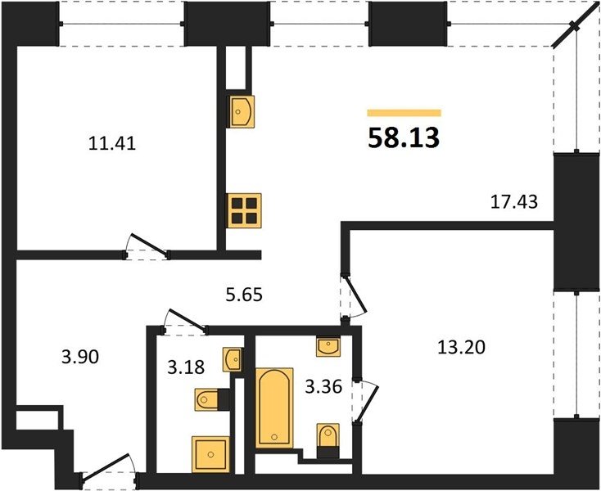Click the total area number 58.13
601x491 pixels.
(x=404, y=138)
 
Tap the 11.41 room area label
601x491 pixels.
(x=112, y=144)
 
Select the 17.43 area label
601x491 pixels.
(x=514, y=202)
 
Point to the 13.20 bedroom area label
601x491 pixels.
(x=461, y=347)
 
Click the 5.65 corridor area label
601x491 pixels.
(x=244, y=295)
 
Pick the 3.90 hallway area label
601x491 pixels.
(x=80, y=357)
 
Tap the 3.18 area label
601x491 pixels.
(x=186, y=367)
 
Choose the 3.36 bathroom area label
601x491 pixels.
(x=323, y=387)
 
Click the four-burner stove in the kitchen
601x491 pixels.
(x=244, y=210)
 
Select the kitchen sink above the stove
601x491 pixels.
(x=242, y=111)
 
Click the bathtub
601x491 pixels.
(x=274, y=408)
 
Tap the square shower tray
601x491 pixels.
(x=210, y=454)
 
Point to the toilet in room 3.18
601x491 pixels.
(x=207, y=400)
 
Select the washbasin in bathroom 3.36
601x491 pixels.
(x=328, y=346)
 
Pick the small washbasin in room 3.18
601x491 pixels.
(x=233, y=359)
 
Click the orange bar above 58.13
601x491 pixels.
(x=404, y=113)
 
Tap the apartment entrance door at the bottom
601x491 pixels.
(x=109, y=468)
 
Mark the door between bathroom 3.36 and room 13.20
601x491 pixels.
(x=365, y=402)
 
